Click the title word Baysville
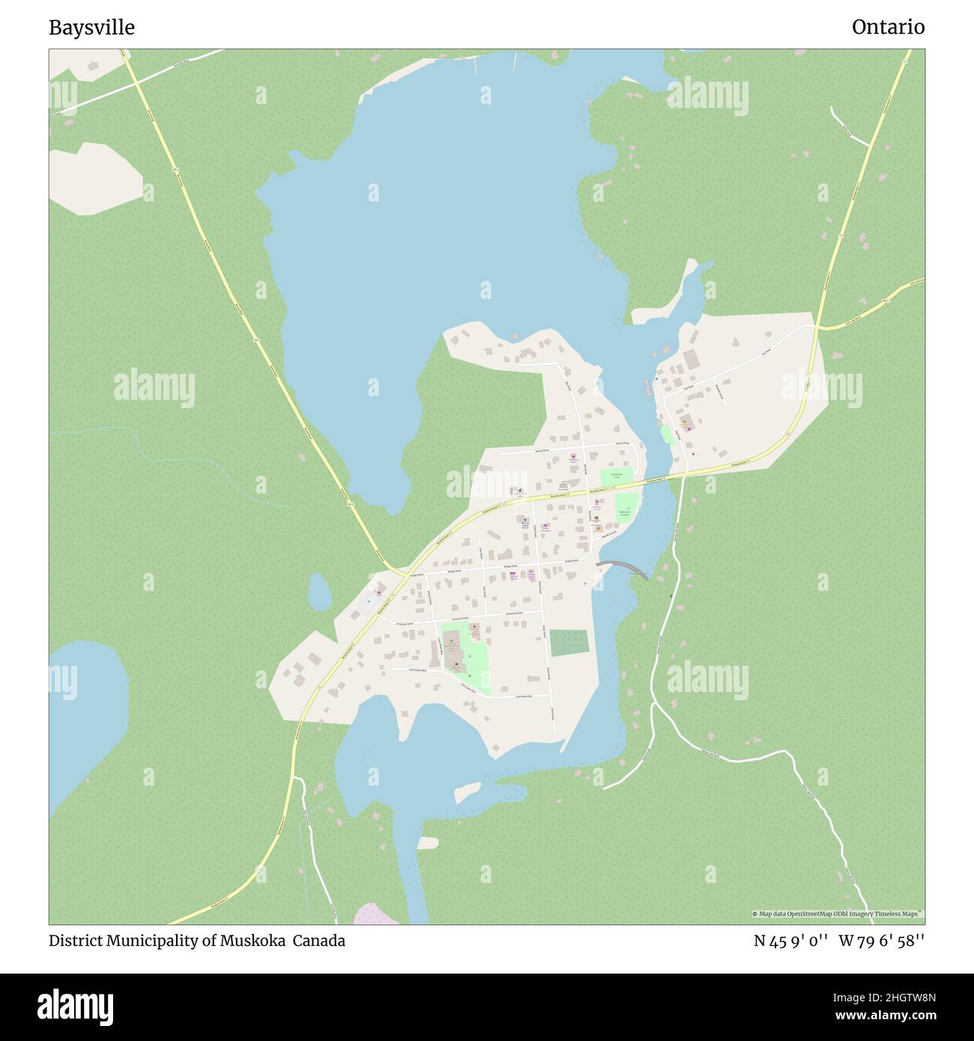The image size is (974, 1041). point(92,28)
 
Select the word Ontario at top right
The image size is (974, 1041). point(888,28)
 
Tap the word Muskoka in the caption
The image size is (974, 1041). point(253,941)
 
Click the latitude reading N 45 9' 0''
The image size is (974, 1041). point(790,941)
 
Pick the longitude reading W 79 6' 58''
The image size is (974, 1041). point(881,941)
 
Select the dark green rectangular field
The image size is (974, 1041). point(569,643)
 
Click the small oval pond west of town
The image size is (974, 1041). point(320,592)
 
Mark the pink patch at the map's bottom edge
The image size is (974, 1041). point(367,914)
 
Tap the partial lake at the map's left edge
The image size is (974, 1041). point(82,711)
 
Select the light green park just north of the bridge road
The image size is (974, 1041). point(616,477)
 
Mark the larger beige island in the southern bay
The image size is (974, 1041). point(468,792)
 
